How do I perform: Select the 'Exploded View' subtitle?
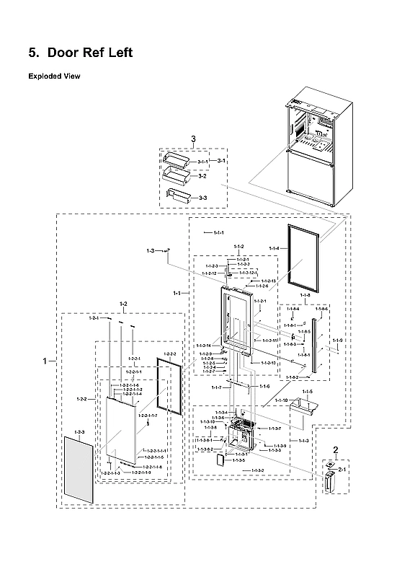point(54,76)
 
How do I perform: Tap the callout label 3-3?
point(202,197)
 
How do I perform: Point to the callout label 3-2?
point(202,176)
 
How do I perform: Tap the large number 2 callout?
point(335,451)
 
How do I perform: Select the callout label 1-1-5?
point(307,392)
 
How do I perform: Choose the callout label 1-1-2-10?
point(268,363)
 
